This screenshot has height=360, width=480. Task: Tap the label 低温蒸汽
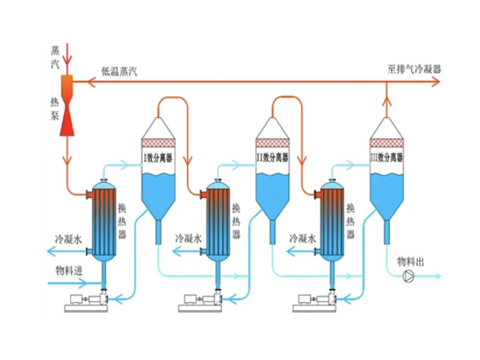[x=119, y=71]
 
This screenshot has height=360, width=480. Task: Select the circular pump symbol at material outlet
[x=409, y=277]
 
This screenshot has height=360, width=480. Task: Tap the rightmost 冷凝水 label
[x=302, y=238]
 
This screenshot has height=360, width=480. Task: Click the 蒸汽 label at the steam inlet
[x=55, y=57]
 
